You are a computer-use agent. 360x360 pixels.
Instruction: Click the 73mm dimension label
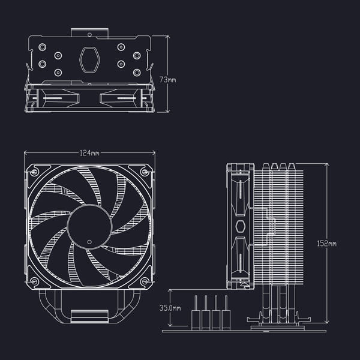pyautogui.click(x=168, y=79)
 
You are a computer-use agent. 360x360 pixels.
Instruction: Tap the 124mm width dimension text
pyautogui.click(x=89, y=153)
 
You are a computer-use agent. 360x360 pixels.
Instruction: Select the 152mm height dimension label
pyautogui.click(x=327, y=244)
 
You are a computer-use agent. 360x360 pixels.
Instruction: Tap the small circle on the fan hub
pyautogui.click(x=90, y=242)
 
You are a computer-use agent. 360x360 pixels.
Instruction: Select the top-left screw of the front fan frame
pyautogui.click(x=36, y=172)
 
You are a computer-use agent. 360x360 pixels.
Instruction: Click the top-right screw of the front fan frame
pyautogui.click(x=144, y=172)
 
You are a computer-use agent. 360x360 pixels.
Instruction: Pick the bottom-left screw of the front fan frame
pyautogui.click(x=36, y=281)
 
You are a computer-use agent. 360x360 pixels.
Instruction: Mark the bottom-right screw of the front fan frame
pyautogui.click(x=144, y=281)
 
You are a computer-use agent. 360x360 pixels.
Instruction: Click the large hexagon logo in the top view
pyautogui.click(x=89, y=59)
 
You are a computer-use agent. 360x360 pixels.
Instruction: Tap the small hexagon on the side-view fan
pyautogui.click(x=241, y=226)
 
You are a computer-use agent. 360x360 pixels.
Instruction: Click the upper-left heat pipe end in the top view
pyautogui.click(x=42, y=46)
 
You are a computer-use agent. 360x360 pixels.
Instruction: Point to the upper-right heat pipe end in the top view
pyautogui.click(x=137, y=46)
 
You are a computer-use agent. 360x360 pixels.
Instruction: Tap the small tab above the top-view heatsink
pyautogui.click(x=89, y=31)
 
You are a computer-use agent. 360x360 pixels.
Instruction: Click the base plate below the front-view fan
pyautogui.click(x=89, y=316)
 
